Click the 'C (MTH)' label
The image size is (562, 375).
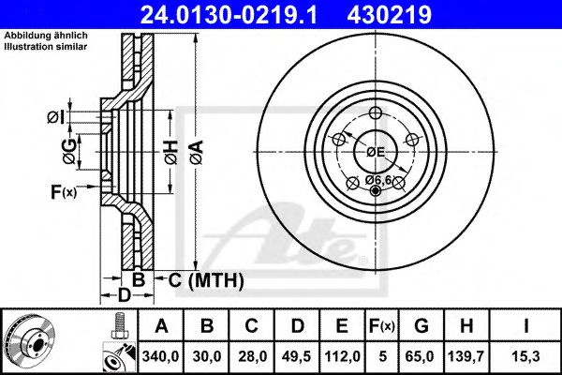tap(205, 279)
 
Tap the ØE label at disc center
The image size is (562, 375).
tap(376, 151)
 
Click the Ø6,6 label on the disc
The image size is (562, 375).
tap(377, 178)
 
